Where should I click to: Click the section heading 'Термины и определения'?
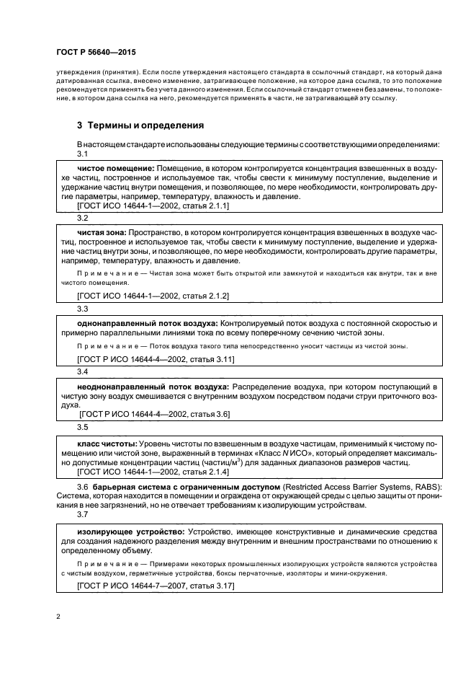pos(141,124)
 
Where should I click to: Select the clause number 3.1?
pos(82,154)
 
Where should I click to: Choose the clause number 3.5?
pos(82,427)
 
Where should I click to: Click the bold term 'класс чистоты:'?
pos(107,443)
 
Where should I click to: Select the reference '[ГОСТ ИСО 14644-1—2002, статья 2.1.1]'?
pos(153,206)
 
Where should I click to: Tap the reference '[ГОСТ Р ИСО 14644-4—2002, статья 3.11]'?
pos(156,358)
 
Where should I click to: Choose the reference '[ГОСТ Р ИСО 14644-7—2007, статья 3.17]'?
pos(156,588)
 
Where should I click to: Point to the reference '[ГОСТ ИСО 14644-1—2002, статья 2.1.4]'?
pos(153,471)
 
